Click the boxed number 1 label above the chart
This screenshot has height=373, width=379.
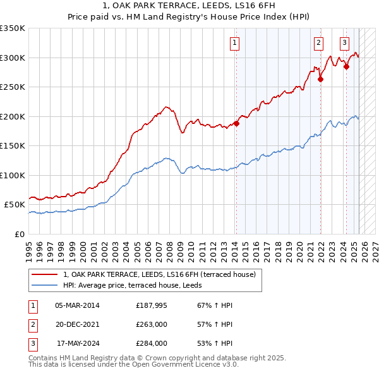click(x=234, y=43)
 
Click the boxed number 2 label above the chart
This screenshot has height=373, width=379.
click(x=318, y=43)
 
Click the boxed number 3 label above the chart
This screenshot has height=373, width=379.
click(x=344, y=43)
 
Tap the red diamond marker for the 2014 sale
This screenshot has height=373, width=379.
click(x=236, y=123)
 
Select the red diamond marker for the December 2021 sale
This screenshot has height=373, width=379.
click(x=320, y=79)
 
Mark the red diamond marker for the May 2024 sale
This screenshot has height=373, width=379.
click(x=346, y=67)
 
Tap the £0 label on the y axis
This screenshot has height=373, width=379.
click(x=19, y=234)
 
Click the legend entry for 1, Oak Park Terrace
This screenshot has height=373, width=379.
click(x=159, y=274)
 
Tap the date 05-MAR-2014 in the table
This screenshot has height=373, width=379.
click(x=77, y=305)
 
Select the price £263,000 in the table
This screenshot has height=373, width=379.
click(x=152, y=324)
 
